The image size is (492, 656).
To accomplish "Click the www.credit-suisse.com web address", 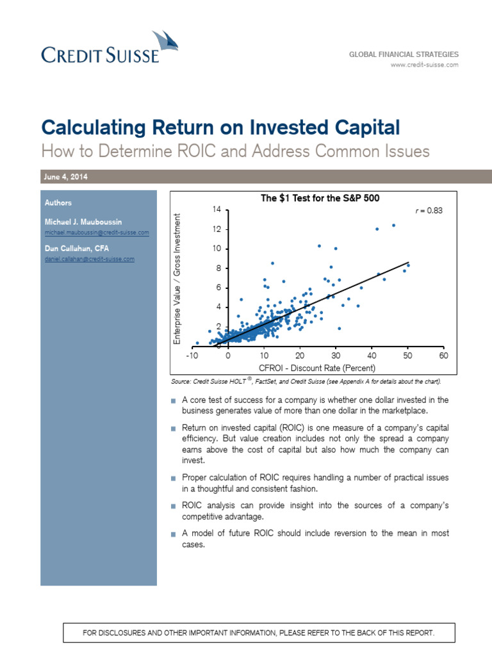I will (x=425, y=65).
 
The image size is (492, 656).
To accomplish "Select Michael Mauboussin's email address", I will (x=97, y=232).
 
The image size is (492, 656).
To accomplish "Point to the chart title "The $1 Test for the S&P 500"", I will (x=320, y=199).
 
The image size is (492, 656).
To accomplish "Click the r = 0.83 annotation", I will (x=429, y=209).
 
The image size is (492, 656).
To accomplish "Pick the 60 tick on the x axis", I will (x=443, y=355).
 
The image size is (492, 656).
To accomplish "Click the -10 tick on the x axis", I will (x=192, y=355).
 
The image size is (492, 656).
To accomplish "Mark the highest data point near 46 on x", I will (x=393, y=225).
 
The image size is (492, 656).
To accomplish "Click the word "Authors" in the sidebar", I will (x=58, y=202).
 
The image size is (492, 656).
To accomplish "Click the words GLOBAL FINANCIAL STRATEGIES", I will (x=404, y=54).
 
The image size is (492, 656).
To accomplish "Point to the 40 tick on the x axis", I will (x=372, y=355).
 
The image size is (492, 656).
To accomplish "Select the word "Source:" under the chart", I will (x=182, y=382).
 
